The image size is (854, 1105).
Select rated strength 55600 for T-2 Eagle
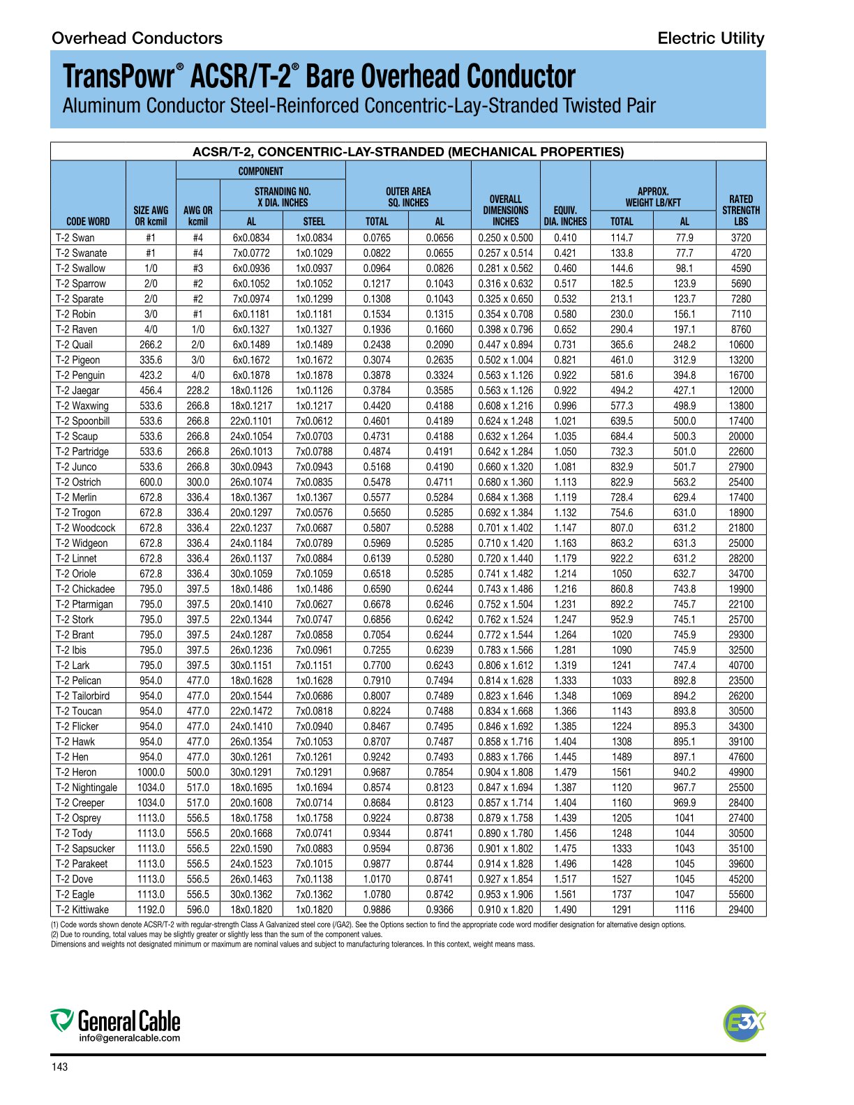click(x=740, y=894)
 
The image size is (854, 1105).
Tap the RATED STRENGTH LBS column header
click(x=740, y=210)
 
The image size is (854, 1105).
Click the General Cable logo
click(x=115, y=1022)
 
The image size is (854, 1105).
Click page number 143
click(x=60, y=1067)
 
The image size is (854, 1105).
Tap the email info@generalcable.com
click(x=129, y=1038)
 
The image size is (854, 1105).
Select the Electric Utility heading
click(x=710, y=38)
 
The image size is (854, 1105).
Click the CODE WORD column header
click(x=88, y=221)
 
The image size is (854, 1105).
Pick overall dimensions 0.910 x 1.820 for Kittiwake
click(x=505, y=910)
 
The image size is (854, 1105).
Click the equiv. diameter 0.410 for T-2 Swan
click(x=564, y=238)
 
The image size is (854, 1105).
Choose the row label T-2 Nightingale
click(x=87, y=788)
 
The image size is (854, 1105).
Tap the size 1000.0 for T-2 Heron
click(x=151, y=772)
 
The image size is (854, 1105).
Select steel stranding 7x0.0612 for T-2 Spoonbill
click(x=314, y=421)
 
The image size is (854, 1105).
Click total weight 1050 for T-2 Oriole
click(x=622, y=574)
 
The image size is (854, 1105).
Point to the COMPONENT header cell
click(x=260, y=172)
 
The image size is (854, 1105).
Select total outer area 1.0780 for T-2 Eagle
click(x=377, y=894)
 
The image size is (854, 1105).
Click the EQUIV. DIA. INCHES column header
click(x=564, y=216)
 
